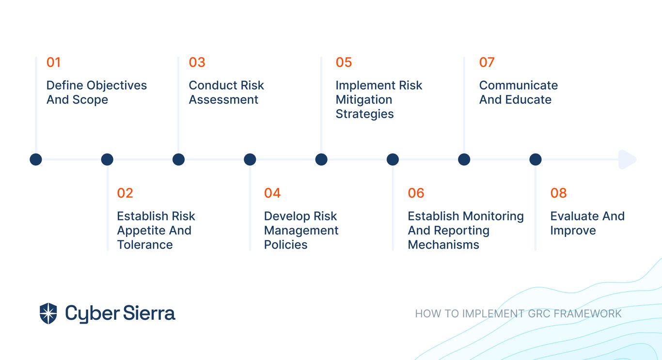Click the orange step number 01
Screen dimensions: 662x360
point(53,63)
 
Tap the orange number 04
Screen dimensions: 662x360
point(272,193)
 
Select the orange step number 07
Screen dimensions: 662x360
point(487,63)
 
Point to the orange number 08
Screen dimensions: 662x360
point(558,193)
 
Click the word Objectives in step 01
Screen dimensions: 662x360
point(117,85)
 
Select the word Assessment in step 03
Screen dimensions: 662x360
point(223,100)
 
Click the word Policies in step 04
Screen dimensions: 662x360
point(285,245)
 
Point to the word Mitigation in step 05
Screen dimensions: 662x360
point(364,100)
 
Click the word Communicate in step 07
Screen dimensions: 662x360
point(519,85)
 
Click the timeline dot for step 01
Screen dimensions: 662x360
point(36,159)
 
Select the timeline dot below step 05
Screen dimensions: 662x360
point(321,159)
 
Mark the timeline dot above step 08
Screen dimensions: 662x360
point(535,159)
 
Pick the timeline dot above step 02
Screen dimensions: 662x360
point(107,159)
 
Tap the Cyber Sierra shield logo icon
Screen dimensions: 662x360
point(48,313)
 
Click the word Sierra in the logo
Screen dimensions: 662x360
point(149,313)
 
